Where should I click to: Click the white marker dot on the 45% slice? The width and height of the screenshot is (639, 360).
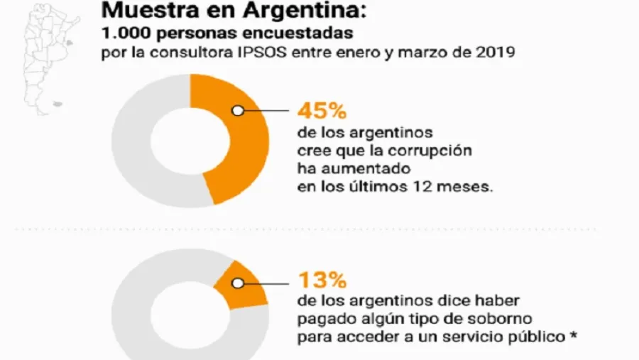(x=237, y=111)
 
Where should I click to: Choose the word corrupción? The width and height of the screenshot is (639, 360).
(x=435, y=151)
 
